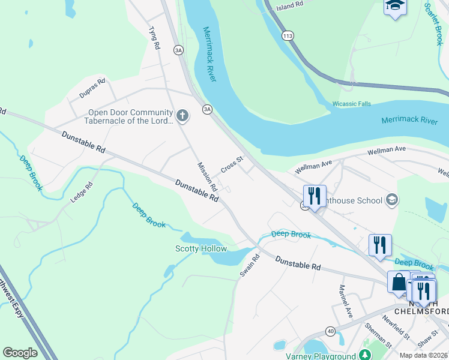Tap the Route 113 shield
point(287,36)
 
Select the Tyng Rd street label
point(154,38)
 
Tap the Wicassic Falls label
point(352,104)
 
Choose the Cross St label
point(231,165)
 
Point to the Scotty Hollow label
point(201,248)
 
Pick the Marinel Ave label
point(346,302)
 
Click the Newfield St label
point(396,328)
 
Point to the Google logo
point(20,353)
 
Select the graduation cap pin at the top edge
point(395,6)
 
